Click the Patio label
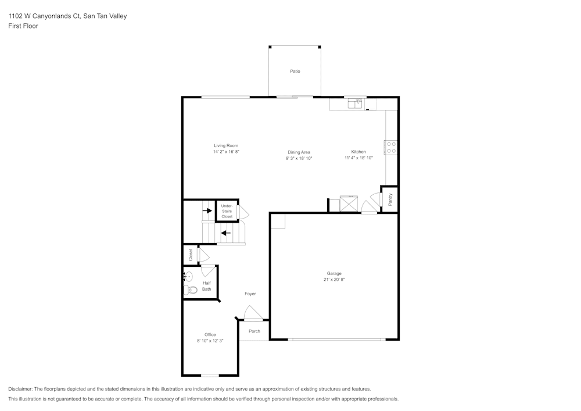(x=295, y=72)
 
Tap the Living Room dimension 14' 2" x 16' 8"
(x=226, y=152)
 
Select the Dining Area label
(x=299, y=152)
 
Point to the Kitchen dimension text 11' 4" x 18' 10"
(x=358, y=158)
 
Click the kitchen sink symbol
(x=354, y=104)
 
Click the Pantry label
(x=390, y=199)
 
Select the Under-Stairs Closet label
(x=227, y=211)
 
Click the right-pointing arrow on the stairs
(x=207, y=210)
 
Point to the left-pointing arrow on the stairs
(x=225, y=233)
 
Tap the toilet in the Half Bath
(x=191, y=290)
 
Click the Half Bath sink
(x=188, y=276)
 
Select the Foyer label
(x=250, y=294)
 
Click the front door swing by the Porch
(x=253, y=314)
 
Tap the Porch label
(x=254, y=331)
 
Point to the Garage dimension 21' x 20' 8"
(x=334, y=280)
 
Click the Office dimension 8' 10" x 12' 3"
(x=210, y=341)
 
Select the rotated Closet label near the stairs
(x=190, y=255)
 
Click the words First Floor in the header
(x=23, y=26)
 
